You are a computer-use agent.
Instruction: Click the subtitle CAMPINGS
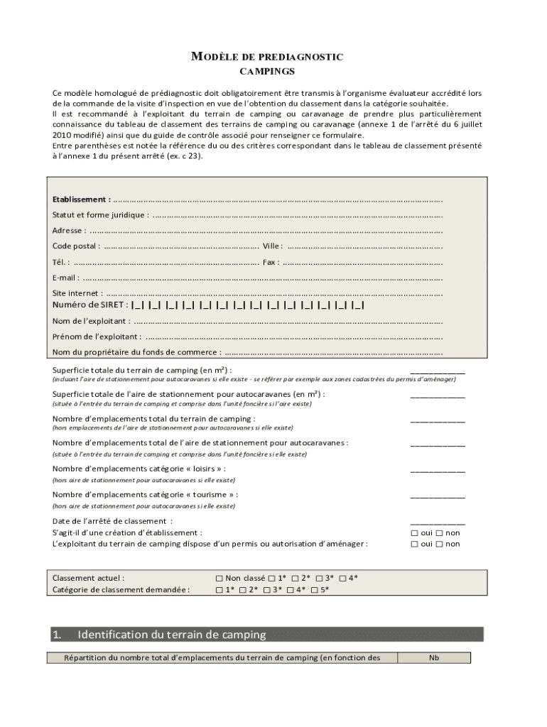pos(267,72)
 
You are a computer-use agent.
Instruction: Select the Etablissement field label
pos(81,199)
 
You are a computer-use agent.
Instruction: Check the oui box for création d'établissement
pos(414,532)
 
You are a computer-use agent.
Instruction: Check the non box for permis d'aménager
pos(440,545)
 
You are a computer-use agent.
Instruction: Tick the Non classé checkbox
pos(220,579)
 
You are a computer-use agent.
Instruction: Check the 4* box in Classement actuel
pos(342,579)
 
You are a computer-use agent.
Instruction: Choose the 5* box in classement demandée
pos(314,590)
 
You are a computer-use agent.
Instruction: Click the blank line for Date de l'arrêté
pos(438,521)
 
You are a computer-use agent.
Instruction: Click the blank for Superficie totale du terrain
pos(438,371)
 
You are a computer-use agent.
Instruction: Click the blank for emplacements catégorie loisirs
pos(438,469)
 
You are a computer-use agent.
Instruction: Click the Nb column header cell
pos(434,658)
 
